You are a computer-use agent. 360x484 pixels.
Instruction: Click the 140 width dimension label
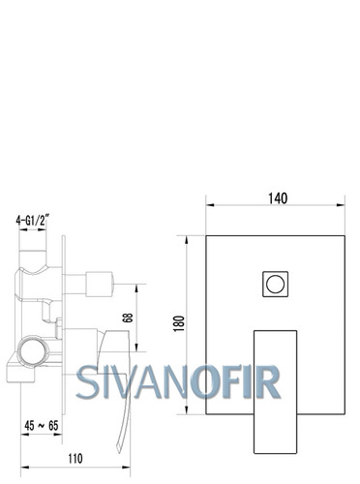tap(278, 198)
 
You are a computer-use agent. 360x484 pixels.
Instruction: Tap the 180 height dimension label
tap(179, 323)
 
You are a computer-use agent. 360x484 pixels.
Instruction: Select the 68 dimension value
tap(128, 318)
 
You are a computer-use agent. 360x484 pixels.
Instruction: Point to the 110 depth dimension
tap(75, 459)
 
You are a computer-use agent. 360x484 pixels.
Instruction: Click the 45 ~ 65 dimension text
tap(42, 426)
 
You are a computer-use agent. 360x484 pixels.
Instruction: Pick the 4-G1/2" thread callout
tap(33, 221)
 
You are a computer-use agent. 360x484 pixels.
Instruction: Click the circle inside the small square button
tap(275, 284)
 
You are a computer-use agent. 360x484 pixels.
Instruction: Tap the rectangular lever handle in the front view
tap(275, 392)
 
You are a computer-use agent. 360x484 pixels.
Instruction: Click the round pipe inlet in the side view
tap(31, 351)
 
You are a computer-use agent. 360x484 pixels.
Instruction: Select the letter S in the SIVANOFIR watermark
tap(87, 382)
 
